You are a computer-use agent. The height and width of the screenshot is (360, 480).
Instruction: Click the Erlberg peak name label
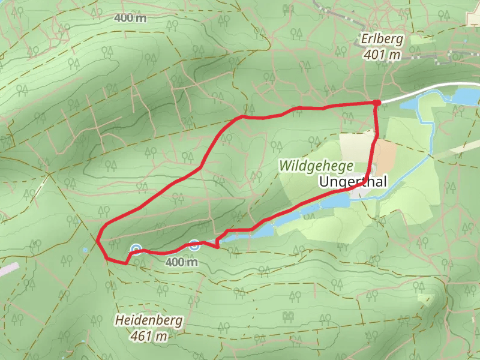(382, 40)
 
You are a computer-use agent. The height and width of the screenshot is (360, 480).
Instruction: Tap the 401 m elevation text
(382, 55)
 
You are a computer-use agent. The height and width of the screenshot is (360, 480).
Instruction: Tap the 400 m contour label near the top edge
(130, 18)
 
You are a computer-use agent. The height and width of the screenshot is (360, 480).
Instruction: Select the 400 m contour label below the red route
(181, 262)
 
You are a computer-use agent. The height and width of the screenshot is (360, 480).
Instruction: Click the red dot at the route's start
(377, 103)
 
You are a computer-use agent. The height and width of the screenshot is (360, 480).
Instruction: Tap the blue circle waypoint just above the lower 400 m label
(194, 244)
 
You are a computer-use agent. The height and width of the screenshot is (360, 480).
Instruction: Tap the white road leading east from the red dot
(420, 92)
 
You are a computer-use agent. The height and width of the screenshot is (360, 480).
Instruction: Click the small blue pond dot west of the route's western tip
(86, 249)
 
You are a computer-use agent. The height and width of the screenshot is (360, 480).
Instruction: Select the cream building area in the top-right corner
(473, 18)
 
